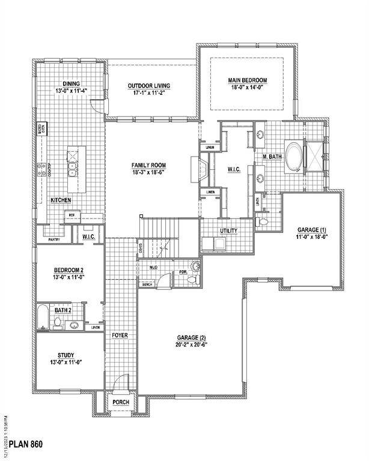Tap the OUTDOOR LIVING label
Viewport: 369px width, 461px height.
click(x=148, y=86)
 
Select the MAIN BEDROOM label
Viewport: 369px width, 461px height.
click(x=247, y=80)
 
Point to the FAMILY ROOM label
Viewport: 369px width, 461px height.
click(x=149, y=165)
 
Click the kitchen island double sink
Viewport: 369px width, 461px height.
click(x=72, y=170)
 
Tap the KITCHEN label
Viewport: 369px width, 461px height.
click(x=61, y=200)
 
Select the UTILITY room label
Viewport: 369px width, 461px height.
click(x=228, y=230)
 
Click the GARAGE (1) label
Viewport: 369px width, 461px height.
click(x=312, y=230)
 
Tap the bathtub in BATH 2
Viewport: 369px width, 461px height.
click(x=42, y=318)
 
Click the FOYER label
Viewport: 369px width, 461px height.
click(x=120, y=335)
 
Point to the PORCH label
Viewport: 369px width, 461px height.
click(x=121, y=402)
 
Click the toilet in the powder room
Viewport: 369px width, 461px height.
click(x=195, y=267)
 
